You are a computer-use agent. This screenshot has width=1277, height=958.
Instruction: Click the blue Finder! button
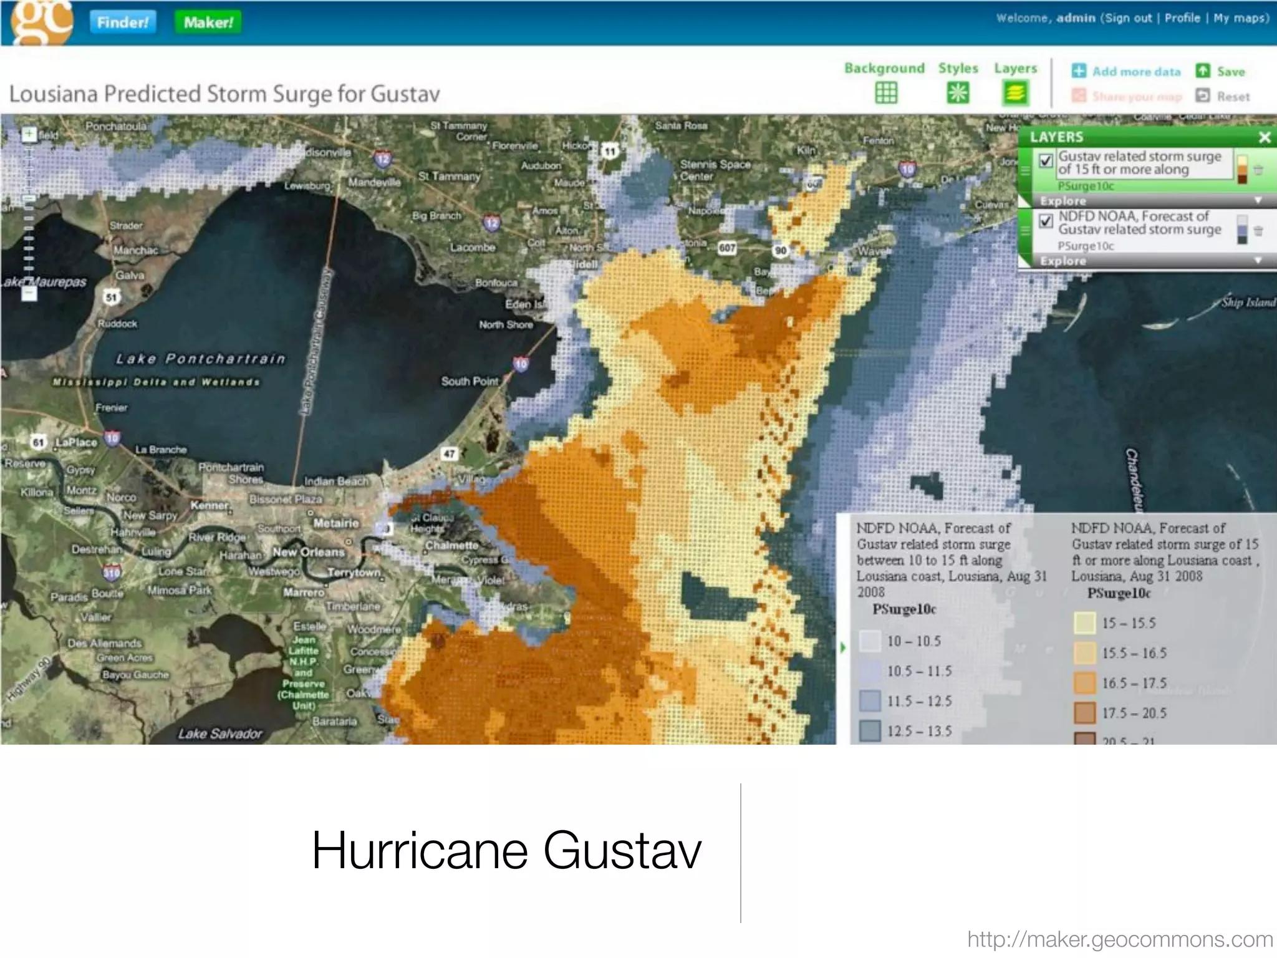(x=123, y=22)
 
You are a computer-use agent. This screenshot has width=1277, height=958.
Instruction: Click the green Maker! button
(x=208, y=22)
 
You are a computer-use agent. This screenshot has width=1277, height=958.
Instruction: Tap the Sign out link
(x=1128, y=18)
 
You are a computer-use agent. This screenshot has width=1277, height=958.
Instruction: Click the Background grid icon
(x=885, y=93)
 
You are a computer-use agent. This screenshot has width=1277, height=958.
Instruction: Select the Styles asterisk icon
(x=958, y=93)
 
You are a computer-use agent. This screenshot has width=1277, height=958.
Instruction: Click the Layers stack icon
(x=1015, y=93)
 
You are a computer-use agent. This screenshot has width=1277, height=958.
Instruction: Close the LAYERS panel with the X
(x=1264, y=137)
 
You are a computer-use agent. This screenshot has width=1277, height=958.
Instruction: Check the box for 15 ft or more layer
(x=1046, y=161)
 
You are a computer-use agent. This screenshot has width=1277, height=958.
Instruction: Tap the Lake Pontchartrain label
(x=201, y=359)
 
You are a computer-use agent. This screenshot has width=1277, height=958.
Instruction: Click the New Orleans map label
(x=308, y=552)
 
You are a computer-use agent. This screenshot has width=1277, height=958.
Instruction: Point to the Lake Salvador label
(x=220, y=733)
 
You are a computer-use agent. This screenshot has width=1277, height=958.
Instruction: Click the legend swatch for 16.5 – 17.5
(x=1085, y=683)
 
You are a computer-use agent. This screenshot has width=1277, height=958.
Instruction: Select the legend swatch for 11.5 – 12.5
(x=870, y=700)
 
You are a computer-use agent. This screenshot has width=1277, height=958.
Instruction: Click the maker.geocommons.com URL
(x=1120, y=939)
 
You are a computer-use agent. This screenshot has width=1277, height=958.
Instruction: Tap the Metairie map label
(x=336, y=523)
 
